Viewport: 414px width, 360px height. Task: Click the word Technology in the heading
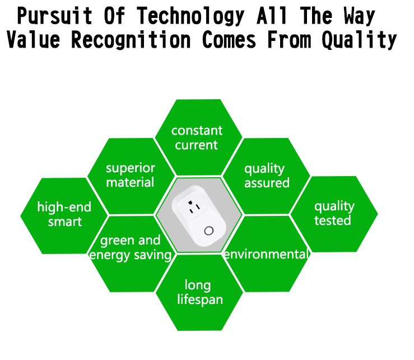(190, 16)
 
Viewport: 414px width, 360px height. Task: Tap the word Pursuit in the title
(55, 16)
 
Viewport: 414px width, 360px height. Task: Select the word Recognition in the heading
(131, 40)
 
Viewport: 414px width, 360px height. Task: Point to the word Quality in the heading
(359, 40)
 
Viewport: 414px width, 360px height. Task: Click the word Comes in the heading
(229, 39)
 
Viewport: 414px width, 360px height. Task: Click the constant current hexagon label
(197, 138)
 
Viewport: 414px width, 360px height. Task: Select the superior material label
(131, 176)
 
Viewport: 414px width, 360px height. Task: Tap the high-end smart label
(64, 214)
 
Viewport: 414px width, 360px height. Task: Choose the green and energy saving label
(131, 248)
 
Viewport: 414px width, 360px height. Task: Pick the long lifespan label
(199, 293)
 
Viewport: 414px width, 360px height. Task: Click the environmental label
(266, 254)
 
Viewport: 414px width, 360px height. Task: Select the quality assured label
(267, 176)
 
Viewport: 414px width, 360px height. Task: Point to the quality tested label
(334, 213)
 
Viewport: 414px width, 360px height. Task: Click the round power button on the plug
(208, 231)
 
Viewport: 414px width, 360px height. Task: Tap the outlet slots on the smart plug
(194, 207)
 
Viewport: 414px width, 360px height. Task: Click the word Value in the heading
(33, 39)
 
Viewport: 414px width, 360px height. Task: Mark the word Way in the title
(359, 16)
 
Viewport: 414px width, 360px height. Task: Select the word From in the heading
(289, 39)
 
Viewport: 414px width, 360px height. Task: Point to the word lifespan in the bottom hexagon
(200, 300)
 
